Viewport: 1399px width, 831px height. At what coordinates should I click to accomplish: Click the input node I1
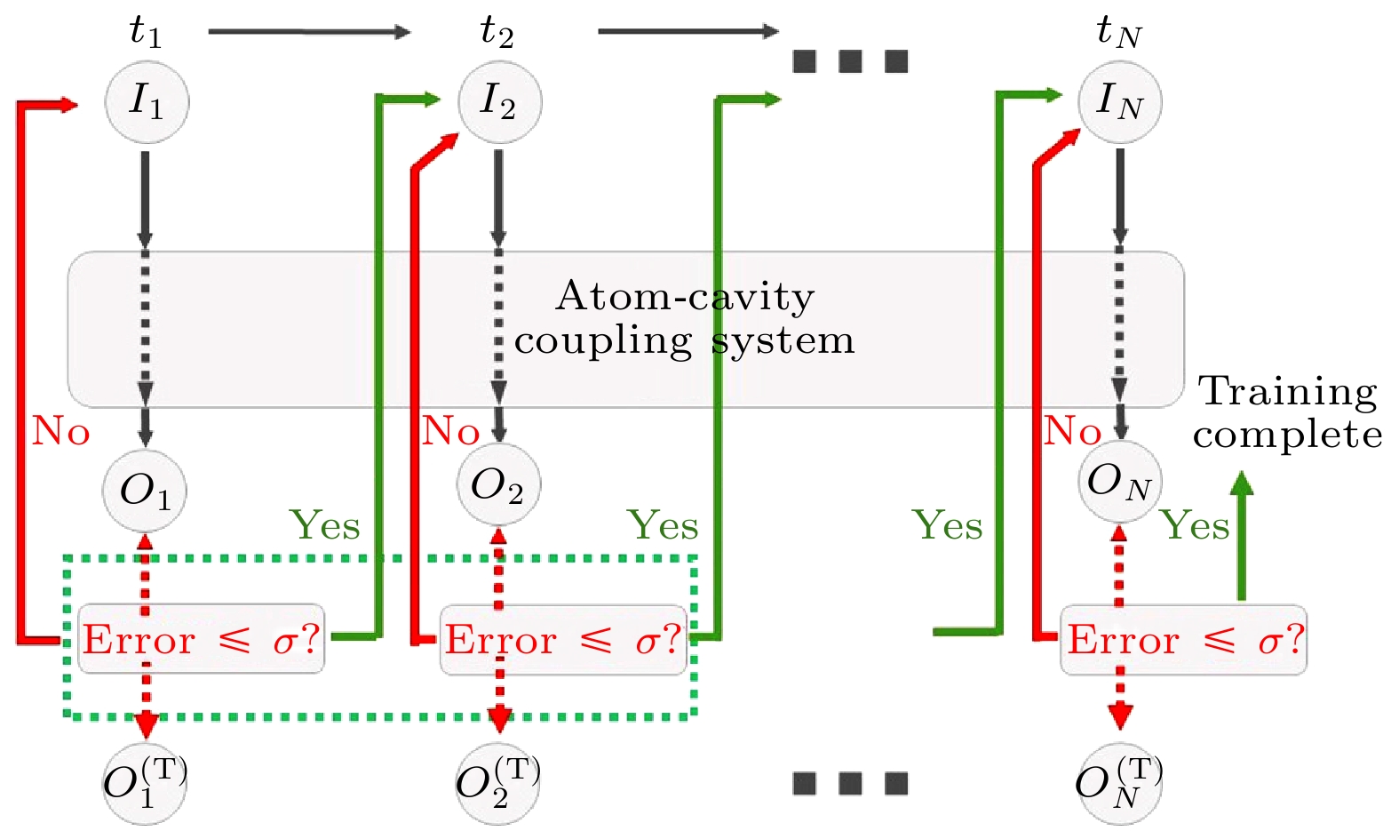pos(147,100)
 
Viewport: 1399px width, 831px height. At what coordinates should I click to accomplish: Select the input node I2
pos(499,100)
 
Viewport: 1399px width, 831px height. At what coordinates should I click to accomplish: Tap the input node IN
pos(1119,100)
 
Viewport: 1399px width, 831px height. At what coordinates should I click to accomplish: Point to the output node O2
pos(498,485)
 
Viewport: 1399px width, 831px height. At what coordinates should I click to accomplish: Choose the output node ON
pos(1119,483)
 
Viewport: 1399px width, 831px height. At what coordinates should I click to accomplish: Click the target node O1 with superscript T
pos(145,783)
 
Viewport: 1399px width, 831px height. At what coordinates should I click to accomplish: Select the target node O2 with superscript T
pos(497,783)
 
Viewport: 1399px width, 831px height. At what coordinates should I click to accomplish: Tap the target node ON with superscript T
pos(1118,783)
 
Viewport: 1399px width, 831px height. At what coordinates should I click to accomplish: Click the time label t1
pos(146,32)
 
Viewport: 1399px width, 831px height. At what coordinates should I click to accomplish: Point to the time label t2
pos(497,32)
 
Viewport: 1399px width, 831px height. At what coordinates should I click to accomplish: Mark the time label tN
pos(1118,32)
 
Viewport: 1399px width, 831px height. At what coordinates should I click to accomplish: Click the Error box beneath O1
pos(202,640)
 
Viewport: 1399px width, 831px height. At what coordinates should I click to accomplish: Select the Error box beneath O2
pos(563,640)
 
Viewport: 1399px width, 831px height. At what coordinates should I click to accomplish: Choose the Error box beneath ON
pos(1184,640)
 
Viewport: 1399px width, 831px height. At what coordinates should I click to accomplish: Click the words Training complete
pos(1287,413)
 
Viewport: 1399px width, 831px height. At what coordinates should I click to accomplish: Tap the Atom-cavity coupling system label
pos(684,318)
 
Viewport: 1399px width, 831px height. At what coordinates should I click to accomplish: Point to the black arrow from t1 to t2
pos(309,32)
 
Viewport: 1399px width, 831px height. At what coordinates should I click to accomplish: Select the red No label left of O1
pos(61,432)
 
